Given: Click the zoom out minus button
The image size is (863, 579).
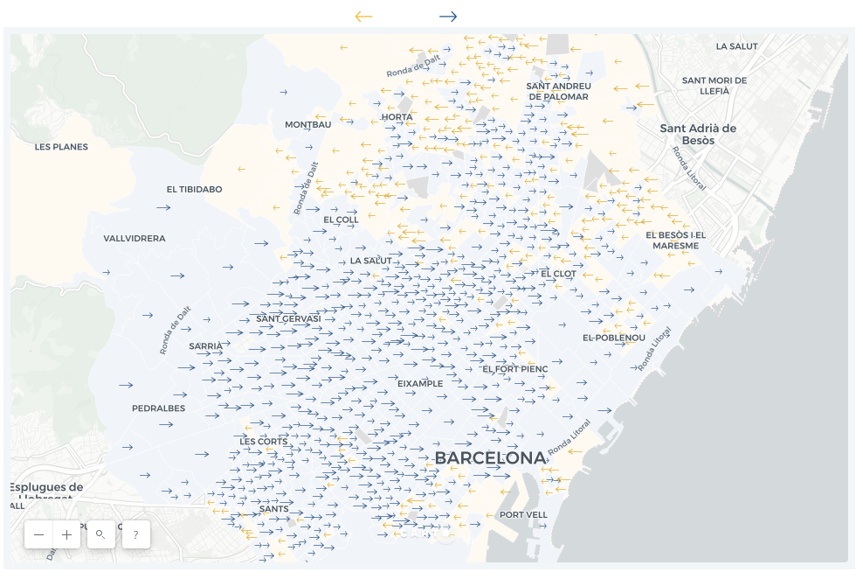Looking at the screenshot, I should point(38,534).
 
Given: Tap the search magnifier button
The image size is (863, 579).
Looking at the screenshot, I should point(100,534).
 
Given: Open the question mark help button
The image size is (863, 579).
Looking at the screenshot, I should point(135,534).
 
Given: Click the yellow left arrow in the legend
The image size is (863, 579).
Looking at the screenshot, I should point(363,17).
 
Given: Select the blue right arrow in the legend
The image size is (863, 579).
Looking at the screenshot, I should point(448,17).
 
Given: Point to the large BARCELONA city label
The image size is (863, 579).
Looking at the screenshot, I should point(489,458).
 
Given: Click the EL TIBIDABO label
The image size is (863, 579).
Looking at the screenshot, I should point(194,189).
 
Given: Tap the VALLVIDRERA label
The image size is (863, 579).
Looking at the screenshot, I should point(135,238).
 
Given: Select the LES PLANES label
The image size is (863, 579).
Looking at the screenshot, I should point(61,147).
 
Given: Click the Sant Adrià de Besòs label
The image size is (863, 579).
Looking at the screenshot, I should point(698,134).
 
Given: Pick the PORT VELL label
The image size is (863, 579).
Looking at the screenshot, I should point(523,515).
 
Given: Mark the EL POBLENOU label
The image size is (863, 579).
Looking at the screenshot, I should point(614,338).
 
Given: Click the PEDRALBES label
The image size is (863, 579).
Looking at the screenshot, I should point(158,408).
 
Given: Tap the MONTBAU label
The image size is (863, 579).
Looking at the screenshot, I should point(307,124).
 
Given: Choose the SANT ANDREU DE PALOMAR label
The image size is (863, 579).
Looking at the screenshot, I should point(558,91).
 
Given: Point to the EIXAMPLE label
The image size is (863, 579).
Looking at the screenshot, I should point(420,383).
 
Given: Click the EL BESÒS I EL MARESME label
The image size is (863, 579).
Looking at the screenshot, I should point(675,240).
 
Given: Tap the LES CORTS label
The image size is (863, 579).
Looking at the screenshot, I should point(263,442).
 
